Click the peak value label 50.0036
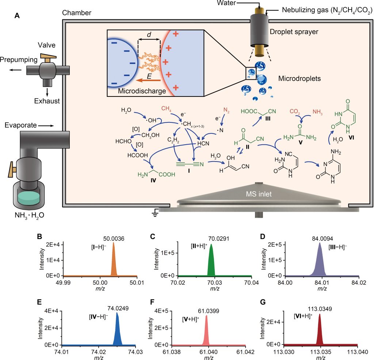click(x=113, y=239)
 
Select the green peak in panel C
click(x=211, y=263)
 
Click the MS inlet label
click(x=259, y=194)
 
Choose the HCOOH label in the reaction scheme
click(x=138, y=155)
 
